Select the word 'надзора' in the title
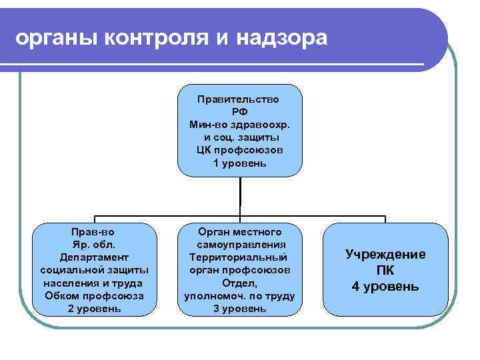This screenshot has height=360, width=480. [286, 38]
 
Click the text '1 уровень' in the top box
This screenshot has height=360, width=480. [240, 163]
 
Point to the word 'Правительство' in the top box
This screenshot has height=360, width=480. [239, 99]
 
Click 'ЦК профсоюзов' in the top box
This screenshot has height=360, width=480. [240, 150]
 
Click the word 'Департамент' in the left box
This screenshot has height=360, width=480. [94, 257]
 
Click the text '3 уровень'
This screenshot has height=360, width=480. [239, 308]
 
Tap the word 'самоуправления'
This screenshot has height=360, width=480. [240, 244]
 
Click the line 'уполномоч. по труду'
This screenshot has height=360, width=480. [239, 295]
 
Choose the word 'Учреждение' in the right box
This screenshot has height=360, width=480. [385, 254]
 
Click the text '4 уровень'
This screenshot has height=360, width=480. [385, 287]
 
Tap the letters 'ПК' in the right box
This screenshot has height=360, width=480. [385, 270]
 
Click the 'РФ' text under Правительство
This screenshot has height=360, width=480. [239, 111]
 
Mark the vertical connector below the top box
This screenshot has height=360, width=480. [240, 197]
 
